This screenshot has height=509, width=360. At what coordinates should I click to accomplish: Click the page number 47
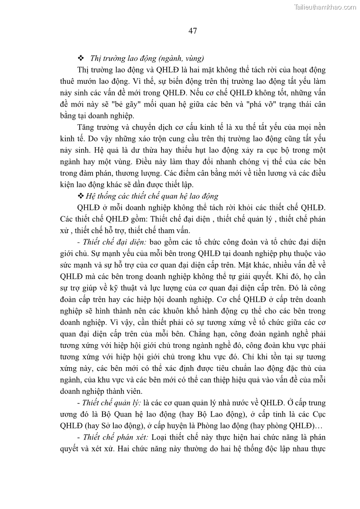tap(192, 31)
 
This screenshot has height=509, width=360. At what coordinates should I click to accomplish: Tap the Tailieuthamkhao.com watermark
tap(325, 7)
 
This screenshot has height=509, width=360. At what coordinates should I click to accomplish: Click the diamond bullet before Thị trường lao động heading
tap(82, 58)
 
